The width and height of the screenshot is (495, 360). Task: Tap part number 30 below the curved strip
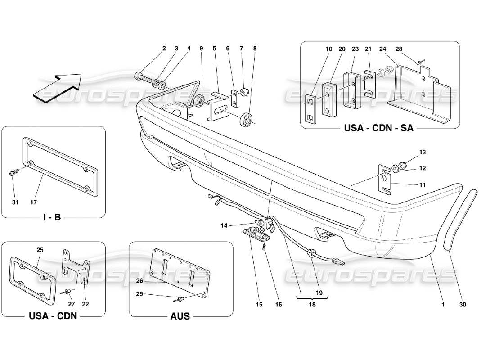point(463,305)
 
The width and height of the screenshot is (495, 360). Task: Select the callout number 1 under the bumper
point(443,305)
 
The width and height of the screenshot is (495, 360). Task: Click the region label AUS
point(180,316)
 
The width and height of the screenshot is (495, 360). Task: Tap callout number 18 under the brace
point(312,305)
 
